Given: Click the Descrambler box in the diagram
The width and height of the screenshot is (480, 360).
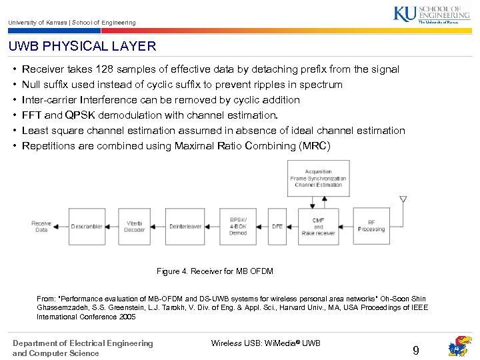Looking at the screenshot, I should point(87,226).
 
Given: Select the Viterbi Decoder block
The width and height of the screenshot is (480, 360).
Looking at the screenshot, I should point(135,226).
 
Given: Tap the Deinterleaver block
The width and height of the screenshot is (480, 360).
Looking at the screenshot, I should point(185,226).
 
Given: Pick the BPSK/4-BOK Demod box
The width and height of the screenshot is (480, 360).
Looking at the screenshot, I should point(238,226).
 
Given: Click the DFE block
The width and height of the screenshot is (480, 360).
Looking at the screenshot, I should point(277,226).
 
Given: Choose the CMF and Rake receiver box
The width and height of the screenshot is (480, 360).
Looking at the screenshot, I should point(318,226).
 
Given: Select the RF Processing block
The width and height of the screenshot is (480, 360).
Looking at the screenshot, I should point(371,226).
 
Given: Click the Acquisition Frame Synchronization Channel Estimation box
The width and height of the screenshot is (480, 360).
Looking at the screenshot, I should point(318,179).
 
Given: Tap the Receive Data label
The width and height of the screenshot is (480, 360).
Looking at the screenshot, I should point(41,226).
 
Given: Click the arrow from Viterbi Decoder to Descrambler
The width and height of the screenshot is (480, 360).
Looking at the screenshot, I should point(111,226).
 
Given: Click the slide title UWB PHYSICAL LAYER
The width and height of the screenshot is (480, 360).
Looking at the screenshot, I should point(82,47).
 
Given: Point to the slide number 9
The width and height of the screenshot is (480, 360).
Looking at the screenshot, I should point(416,350).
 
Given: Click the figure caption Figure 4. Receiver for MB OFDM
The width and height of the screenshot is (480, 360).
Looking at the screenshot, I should point(215,271).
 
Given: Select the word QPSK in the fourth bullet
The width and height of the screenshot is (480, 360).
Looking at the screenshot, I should point(80,115).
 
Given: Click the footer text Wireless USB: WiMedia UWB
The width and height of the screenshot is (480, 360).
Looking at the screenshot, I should point(265,343).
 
